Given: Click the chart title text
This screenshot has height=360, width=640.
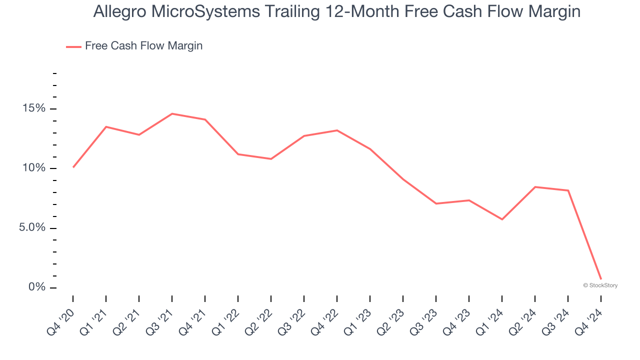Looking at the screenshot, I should (x=336, y=12).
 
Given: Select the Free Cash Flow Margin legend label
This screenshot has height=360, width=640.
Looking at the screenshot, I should (x=143, y=46).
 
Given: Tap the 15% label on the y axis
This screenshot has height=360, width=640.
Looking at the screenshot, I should (x=33, y=109).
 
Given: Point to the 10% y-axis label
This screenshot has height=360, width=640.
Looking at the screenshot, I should (x=33, y=168).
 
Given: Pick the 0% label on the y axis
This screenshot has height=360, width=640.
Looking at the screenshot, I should (x=37, y=287).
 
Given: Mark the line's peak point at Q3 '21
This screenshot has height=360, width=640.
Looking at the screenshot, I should (x=172, y=114).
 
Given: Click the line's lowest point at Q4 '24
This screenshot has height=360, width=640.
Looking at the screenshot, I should (x=600, y=279).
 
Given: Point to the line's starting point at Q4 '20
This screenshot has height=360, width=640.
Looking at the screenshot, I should (x=73, y=167).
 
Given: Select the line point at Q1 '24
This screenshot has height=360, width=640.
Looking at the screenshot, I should (x=501, y=219).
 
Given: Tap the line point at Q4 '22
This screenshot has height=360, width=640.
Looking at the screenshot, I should (x=337, y=130).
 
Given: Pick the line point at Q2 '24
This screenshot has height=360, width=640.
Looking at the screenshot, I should (x=535, y=187).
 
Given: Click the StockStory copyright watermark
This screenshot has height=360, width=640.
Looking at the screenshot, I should (x=600, y=285).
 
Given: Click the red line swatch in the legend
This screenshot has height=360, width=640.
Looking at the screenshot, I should (x=73, y=46).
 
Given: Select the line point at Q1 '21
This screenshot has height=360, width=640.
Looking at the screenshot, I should (x=106, y=127).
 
